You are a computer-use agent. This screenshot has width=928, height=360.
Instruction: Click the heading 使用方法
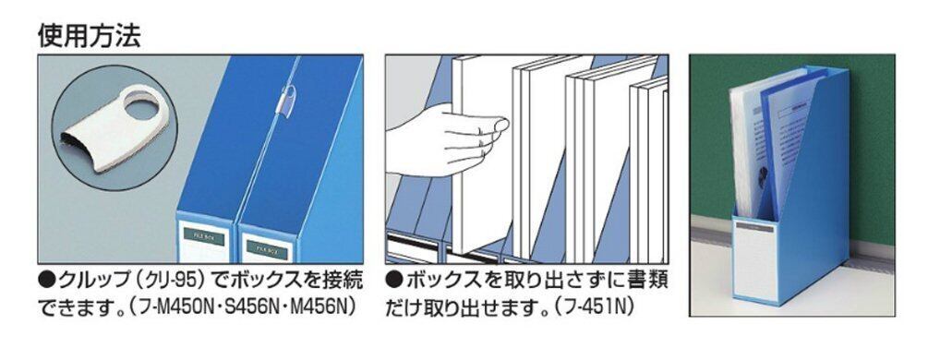(x=90, y=37)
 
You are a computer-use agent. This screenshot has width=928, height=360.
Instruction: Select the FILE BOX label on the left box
(x=204, y=236)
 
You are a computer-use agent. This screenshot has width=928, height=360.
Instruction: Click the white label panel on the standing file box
(x=755, y=261)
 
